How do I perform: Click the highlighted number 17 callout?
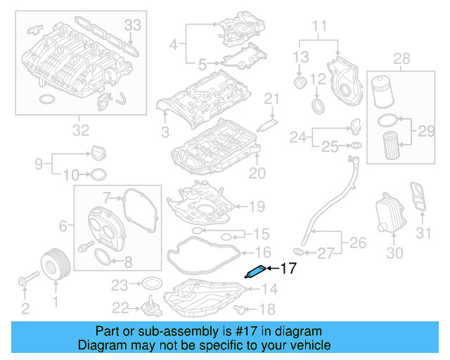pos(290,268)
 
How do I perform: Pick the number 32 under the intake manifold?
pos(81,129)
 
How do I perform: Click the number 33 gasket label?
pos(133,25)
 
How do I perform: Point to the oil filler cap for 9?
pos(97,152)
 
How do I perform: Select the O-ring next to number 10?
pos(100,174)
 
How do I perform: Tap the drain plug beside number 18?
pos(243,309)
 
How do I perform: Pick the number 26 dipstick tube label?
pos(359,244)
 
